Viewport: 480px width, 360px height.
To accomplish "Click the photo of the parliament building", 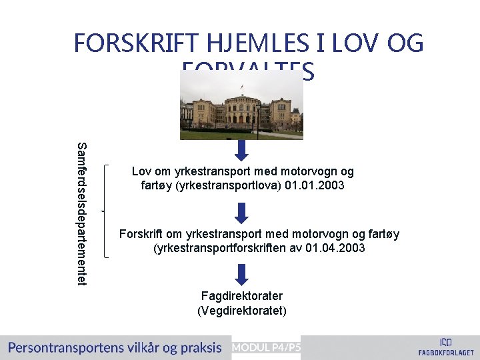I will coord(241,104).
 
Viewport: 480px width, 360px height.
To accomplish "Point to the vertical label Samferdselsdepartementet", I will coord(81,214).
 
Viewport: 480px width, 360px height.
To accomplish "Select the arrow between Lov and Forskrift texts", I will coord(241,213).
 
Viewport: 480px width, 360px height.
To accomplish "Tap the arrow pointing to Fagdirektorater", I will coord(241,274).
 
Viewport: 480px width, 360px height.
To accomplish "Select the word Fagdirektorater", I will coord(241,295).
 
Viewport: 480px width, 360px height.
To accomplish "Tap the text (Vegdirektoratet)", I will coord(241,310).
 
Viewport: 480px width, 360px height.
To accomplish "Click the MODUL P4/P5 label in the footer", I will coord(266,347).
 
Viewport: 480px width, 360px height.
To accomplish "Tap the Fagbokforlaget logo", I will coord(446,346).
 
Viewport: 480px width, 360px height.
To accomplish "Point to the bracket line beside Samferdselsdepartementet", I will coord(105,211).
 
